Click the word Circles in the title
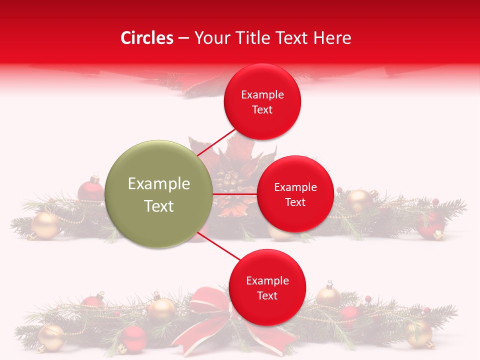(x=146, y=38)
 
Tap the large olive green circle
(x=158, y=194)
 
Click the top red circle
(x=262, y=101)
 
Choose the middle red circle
(x=295, y=194)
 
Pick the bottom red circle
(x=267, y=287)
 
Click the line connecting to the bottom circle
(x=218, y=247)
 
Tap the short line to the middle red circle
(x=234, y=194)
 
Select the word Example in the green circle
(x=158, y=183)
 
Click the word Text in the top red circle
(x=262, y=109)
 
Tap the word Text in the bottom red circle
(x=267, y=295)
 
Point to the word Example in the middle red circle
(x=295, y=187)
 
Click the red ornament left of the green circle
(x=90, y=190)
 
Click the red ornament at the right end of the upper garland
(x=430, y=223)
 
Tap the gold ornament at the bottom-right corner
(x=419, y=333)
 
